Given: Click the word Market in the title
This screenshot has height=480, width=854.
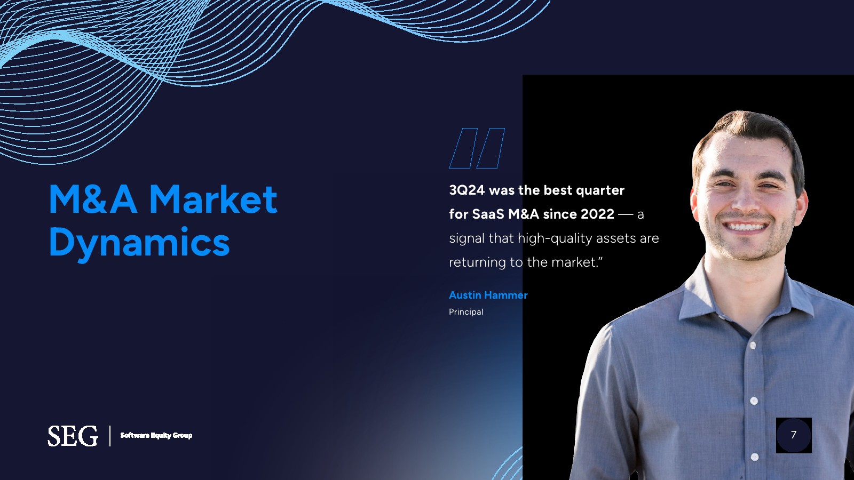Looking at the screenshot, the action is [213, 199].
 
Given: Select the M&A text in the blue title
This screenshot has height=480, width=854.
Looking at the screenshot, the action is [93, 199].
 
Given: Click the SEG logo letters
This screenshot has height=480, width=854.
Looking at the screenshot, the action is [73, 436].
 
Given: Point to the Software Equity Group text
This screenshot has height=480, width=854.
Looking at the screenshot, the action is [156, 435].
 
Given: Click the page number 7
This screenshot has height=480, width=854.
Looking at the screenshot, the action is [794, 435].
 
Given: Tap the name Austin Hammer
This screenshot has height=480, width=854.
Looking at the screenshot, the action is [488, 295].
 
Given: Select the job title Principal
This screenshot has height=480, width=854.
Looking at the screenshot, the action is [466, 311].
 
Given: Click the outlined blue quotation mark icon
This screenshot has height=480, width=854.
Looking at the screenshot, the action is [477, 148].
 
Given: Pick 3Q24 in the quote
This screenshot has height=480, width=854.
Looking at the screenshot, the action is [467, 190].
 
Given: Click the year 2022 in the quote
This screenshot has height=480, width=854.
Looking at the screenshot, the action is [597, 214].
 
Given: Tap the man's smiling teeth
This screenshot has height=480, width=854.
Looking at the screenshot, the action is [745, 227].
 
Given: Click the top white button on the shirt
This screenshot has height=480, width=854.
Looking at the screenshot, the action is [753, 346].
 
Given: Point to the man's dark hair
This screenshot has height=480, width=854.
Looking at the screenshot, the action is [747, 133].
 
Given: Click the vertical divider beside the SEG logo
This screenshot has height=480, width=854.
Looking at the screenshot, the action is [110, 436].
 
